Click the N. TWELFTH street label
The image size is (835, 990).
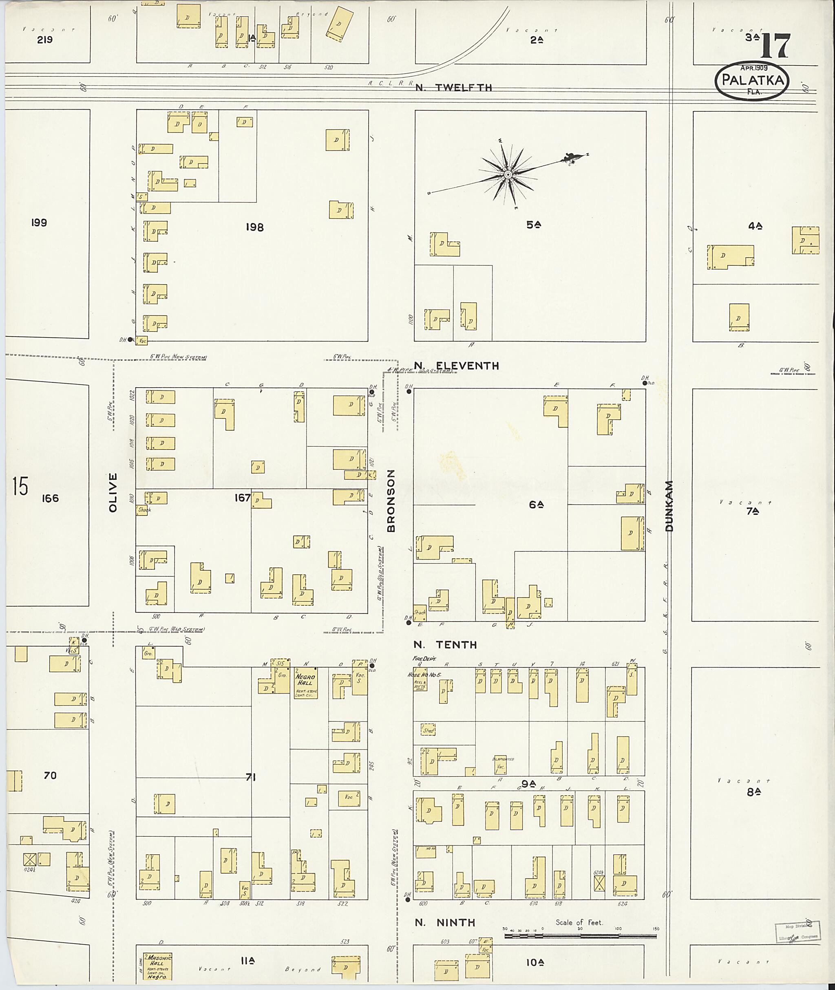pos(453,88)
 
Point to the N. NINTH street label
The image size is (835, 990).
pos(445,922)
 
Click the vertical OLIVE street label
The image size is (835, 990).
pos(113,492)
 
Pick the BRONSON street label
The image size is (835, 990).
pos(391,501)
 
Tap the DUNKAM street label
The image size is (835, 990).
pos(669,505)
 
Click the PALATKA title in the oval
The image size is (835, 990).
pos(752,80)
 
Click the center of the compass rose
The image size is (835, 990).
pos(508,175)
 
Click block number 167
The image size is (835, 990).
pos(242,497)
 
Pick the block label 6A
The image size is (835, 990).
pos(536,505)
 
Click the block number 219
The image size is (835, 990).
pos(44,40)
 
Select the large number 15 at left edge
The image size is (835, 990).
pos(20,487)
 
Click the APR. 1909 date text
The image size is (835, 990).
pos(754,68)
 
